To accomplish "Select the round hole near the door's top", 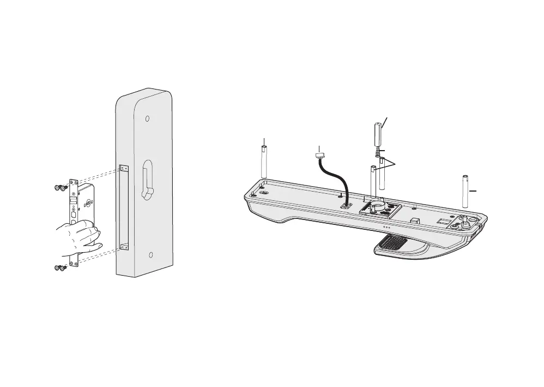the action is pyautogui.click(x=147, y=119).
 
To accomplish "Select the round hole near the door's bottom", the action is pyautogui.click(x=152, y=255).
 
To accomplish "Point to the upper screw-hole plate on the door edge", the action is pyautogui.click(x=124, y=168).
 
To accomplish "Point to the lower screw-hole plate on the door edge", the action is pyautogui.click(x=124, y=247).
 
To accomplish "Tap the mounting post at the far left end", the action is pyautogui.click(x=264, y=162).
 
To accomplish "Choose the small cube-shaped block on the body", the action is pyautogui.click(x=414, y=221).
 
